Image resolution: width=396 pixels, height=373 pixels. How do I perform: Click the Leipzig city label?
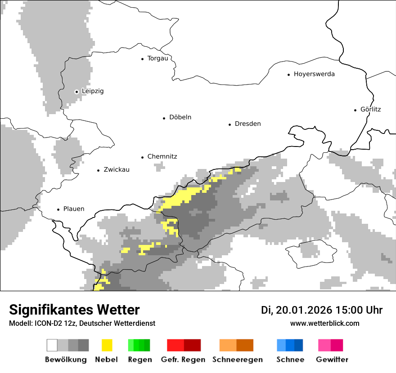tap(93, 91)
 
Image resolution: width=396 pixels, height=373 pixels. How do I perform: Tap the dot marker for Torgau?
tap(142, 58)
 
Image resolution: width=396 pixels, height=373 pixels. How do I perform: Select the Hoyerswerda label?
tap(314, 74)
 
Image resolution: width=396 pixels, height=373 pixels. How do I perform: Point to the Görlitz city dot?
tap(355, 110)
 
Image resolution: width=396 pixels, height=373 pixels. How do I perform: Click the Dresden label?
tap(247, 124)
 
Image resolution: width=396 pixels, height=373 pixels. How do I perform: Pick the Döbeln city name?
tap(180, 117)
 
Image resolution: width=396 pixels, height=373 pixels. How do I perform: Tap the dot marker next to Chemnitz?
tap(142, 157)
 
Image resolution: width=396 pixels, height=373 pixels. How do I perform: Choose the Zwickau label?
tap(116, 170)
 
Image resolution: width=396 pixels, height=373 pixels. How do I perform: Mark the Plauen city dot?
tap(58, 209)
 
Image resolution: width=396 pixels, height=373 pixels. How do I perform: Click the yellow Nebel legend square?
tap(107, 345)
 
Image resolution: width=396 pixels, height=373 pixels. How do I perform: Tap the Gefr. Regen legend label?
tap(183, 360)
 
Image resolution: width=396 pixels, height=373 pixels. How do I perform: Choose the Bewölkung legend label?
tap(66, 360)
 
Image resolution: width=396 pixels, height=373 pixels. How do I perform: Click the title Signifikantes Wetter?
tap(74, 310)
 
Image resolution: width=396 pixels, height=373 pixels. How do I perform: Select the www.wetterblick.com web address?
tap(324, 323)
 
